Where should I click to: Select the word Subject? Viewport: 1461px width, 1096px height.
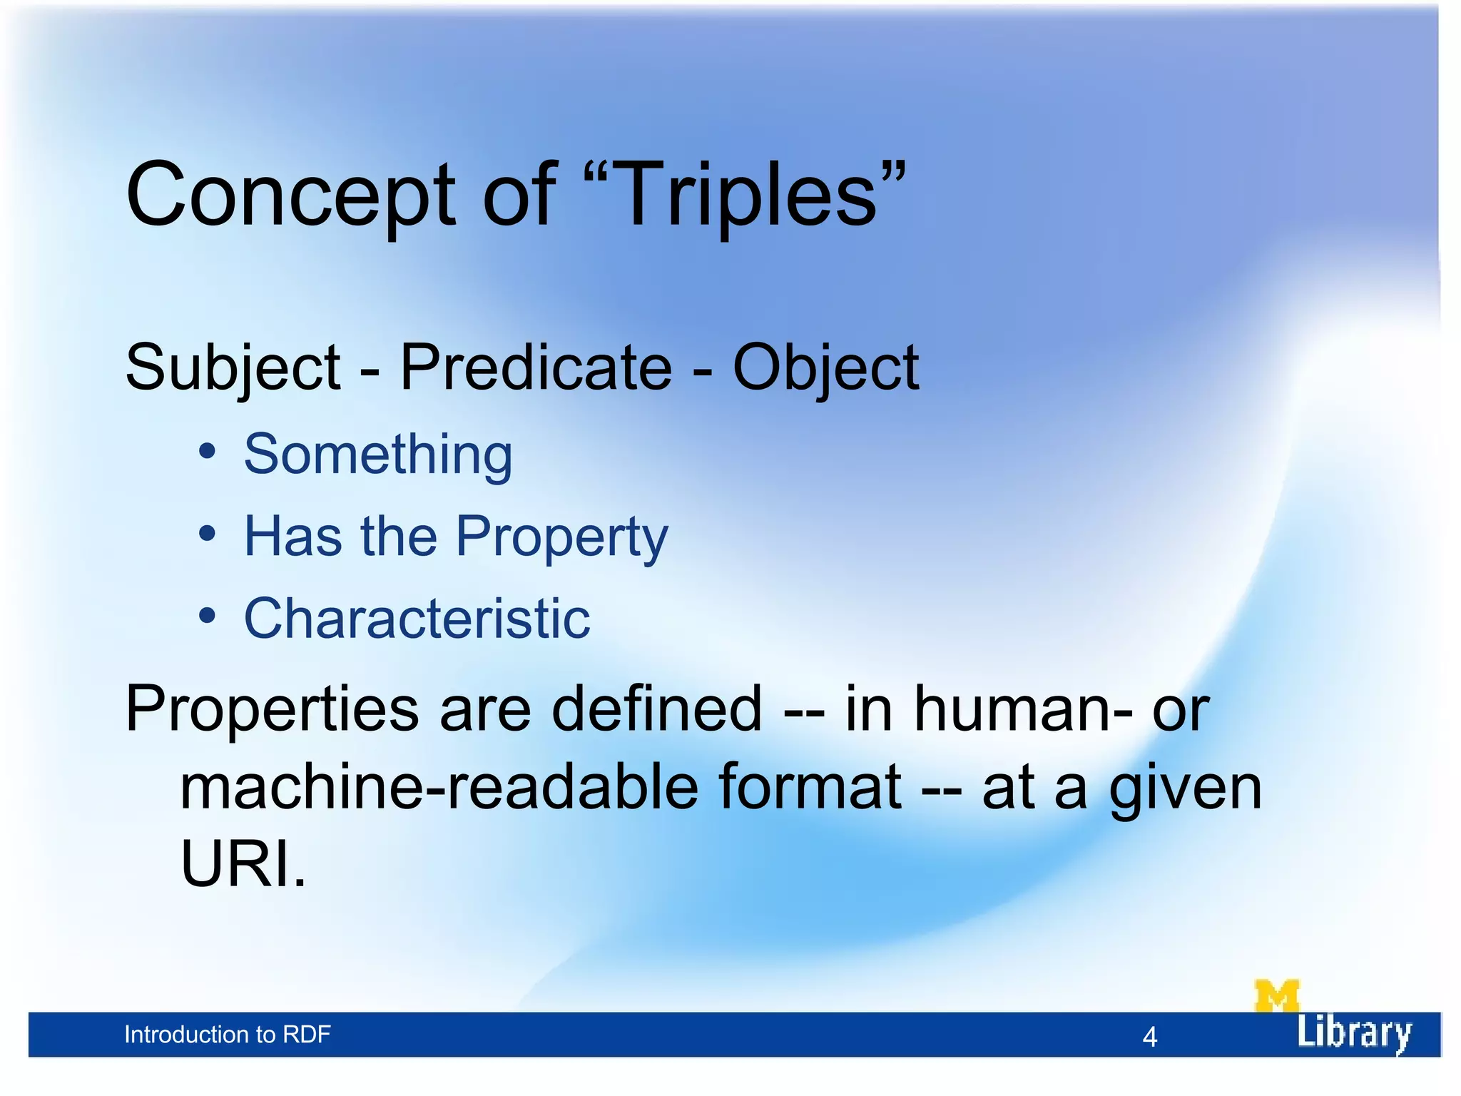tap(233, 369)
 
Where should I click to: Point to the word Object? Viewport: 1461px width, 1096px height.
tap(825, 369)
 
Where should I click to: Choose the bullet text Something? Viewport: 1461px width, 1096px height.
tap(378, 455)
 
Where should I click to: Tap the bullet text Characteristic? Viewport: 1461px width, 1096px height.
tap(417, 618)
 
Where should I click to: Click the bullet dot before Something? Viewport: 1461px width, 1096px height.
tap(207, 452)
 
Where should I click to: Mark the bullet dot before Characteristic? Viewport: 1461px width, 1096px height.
tap(207, 616)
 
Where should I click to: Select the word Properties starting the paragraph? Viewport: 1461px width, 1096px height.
tap(272, 710)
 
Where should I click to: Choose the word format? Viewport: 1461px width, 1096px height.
tap(810, 788)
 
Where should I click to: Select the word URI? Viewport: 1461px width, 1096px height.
tap(242, 863)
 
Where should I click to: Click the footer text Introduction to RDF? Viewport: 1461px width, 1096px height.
tap(228, 1035)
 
